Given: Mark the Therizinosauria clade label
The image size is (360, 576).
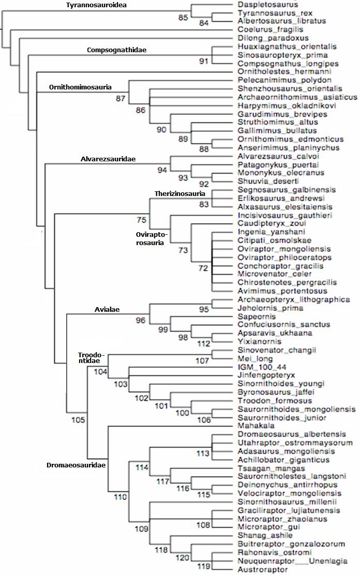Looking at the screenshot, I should (180, 193).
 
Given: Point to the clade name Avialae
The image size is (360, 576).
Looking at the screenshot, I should (107, 310).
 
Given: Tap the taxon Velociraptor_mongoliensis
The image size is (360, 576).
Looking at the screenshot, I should (288, 493).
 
